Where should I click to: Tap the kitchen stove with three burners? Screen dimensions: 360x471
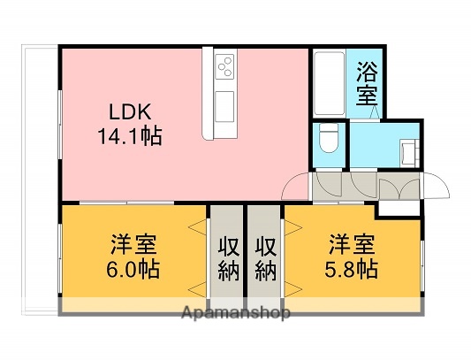coord(224,67)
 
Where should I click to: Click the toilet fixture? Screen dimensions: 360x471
coord(327,140)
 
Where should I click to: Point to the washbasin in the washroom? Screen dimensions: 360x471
coord(409,153)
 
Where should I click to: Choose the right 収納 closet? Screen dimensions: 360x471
coord(264,257)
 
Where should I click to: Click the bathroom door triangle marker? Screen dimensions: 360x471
coord(376,111)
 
